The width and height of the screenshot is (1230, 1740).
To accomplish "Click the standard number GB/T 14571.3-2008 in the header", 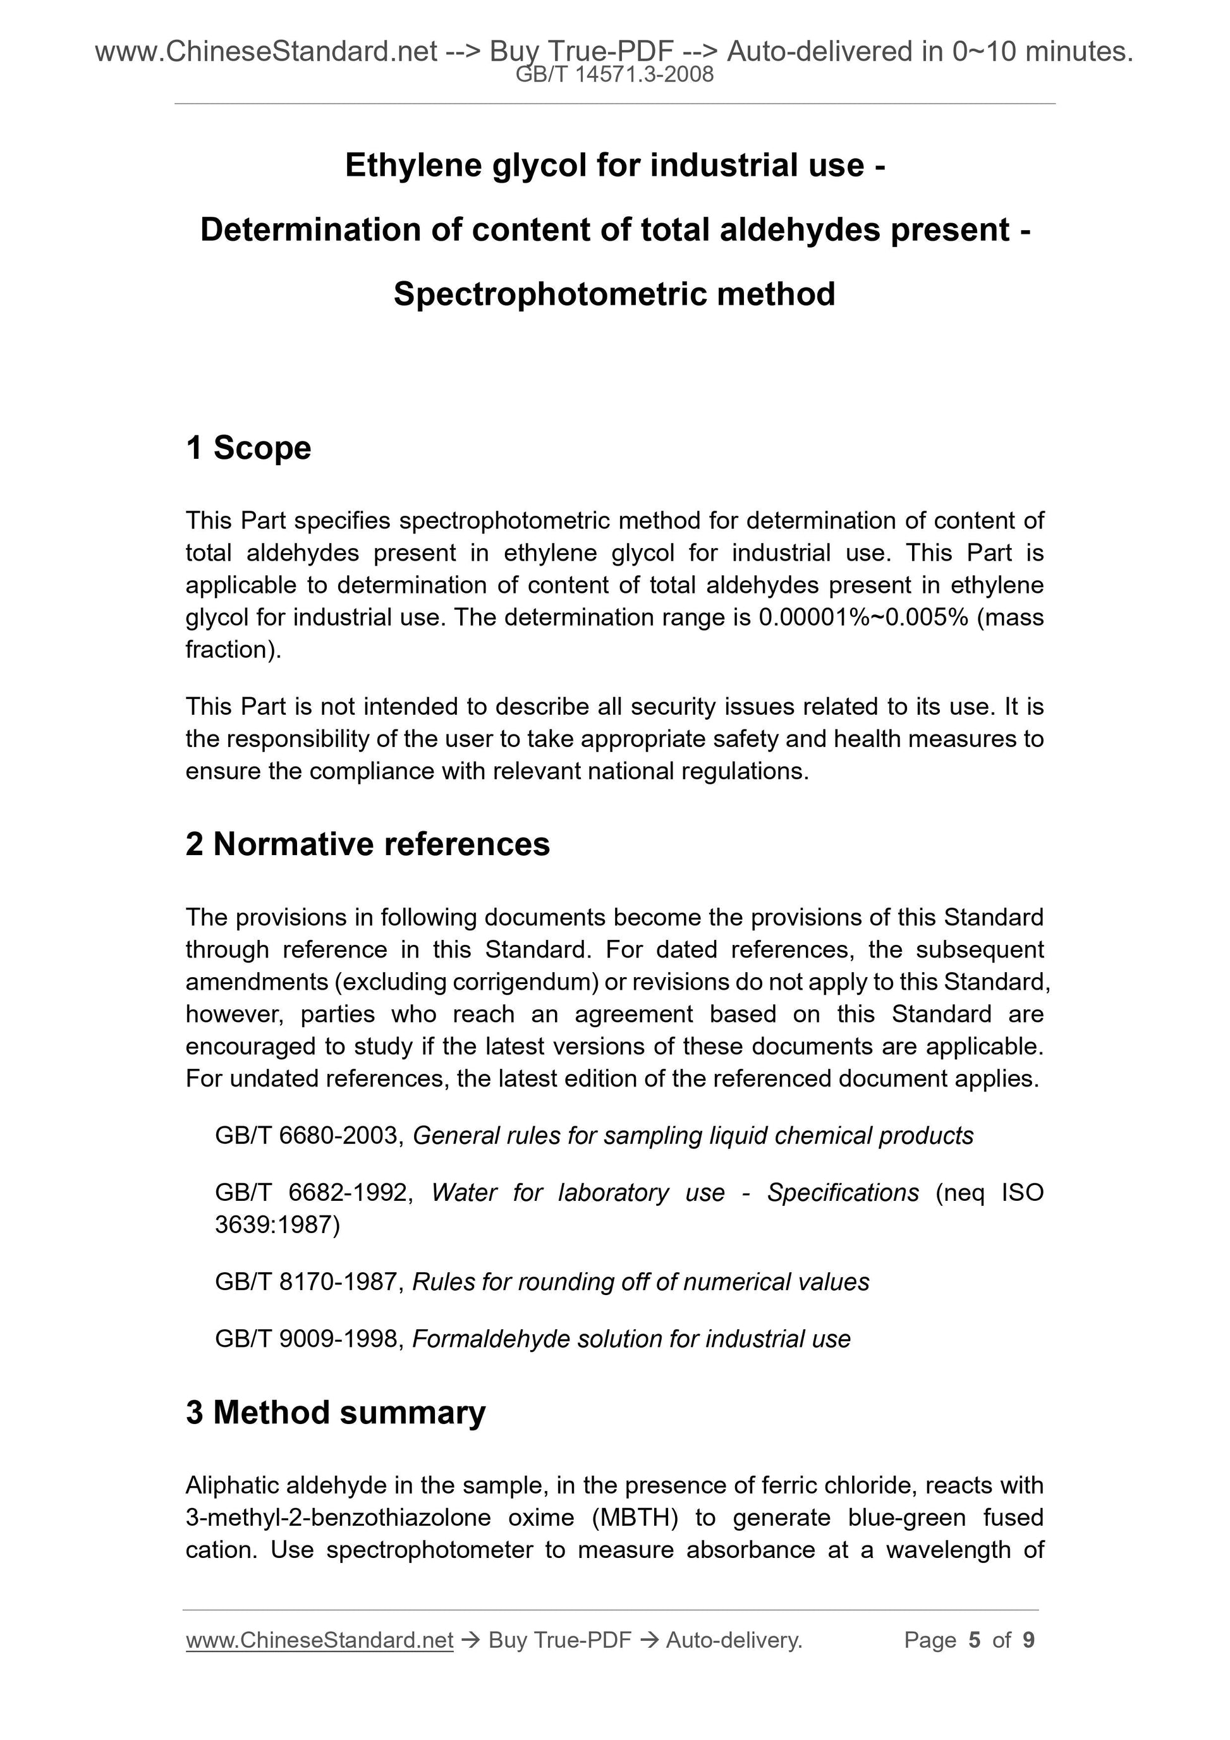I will click(614, 75).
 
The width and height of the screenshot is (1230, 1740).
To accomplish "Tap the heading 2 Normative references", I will click(368, 844).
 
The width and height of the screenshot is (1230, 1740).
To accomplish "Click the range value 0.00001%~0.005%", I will click(862, 618).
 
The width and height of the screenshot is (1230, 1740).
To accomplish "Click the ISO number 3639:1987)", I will click(277, 1225).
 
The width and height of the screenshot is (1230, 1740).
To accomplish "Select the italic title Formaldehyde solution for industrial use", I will click(631, 1339).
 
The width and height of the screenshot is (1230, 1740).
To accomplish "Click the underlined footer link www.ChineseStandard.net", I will click(319, 1640).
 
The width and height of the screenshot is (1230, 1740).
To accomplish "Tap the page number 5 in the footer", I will click(974, 1640).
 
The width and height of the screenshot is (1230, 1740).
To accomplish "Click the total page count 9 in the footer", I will click(1028, 1640).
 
